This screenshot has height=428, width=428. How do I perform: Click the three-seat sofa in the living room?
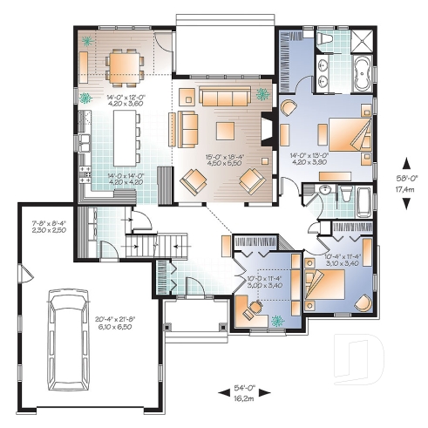coord(223,96)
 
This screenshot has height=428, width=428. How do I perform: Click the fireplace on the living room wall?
coord(268,134)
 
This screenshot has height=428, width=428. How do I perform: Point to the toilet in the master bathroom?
coord(324,42)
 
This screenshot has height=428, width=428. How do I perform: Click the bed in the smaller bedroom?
coord(324,283)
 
